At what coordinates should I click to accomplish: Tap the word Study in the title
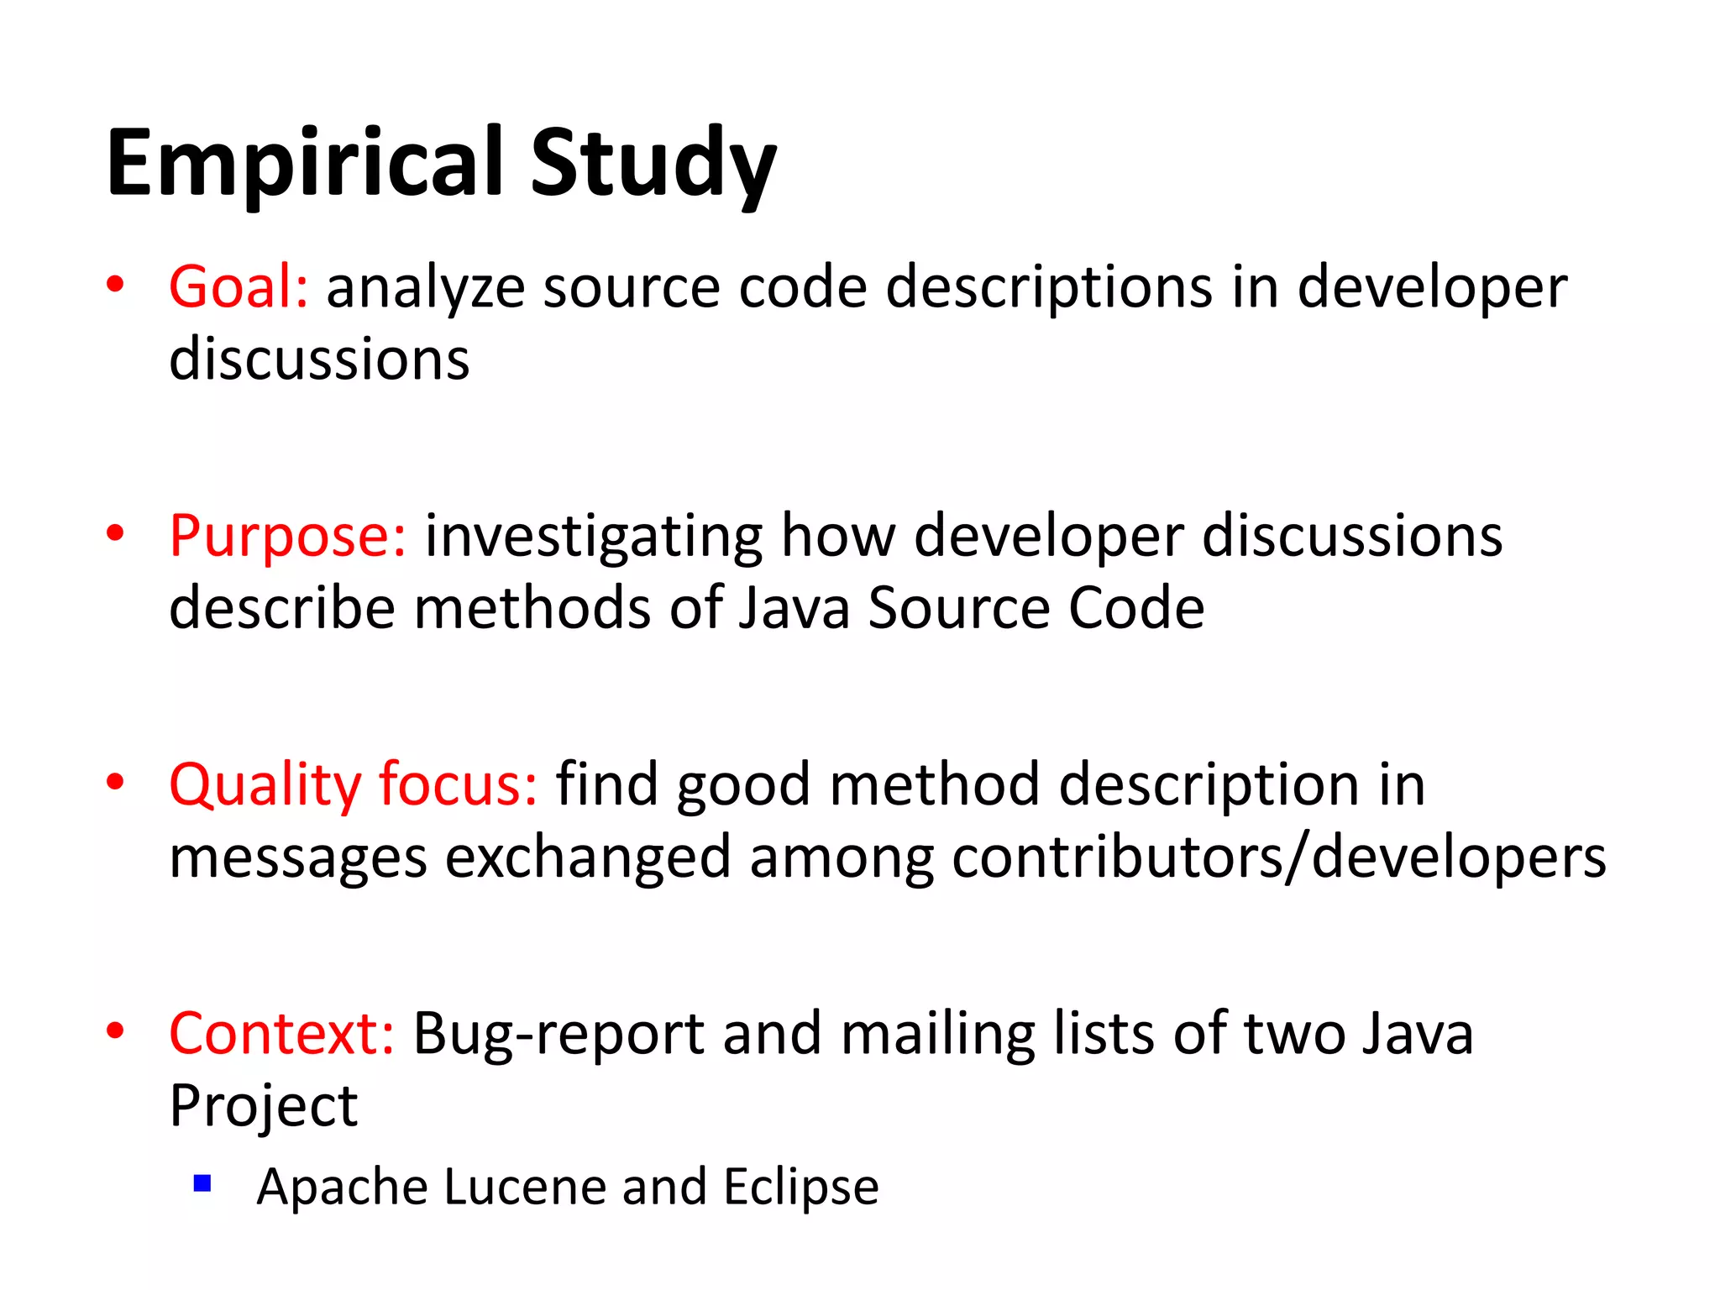tap(653, 164)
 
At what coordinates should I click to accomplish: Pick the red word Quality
tap(265, 786)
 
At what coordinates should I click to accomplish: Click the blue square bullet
tap(202, 1183)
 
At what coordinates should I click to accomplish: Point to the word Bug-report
tap(558, 1035)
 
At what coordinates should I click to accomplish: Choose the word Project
tap(264, 1108)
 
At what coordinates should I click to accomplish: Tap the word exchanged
tap(587, 858)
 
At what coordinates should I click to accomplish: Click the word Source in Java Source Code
tap(958, 609)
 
